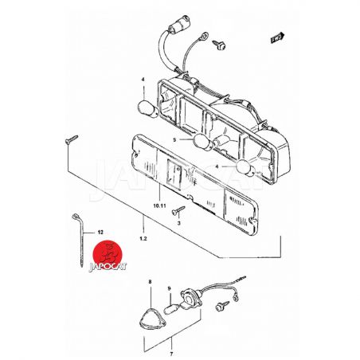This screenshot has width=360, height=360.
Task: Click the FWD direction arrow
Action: [x=277, y=37]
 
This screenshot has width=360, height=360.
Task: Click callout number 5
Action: [x=174, y=139]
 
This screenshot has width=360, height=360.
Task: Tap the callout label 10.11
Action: [x=159, y=205]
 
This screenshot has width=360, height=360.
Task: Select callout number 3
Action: [x=178, y=223]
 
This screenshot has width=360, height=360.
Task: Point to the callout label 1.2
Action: [x=143, y=238]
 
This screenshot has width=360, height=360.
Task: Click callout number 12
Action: [x=100, y=233]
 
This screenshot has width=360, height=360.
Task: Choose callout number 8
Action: [x=150, y=281]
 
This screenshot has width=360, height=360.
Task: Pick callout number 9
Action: [x=170, y=288]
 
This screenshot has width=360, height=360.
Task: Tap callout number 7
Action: [x=171, y=354]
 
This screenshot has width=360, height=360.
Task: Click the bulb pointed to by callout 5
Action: [x=203, y=143]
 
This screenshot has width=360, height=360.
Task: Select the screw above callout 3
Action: [x=178, y=210]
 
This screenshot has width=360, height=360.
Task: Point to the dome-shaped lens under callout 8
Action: [x=152, y=319]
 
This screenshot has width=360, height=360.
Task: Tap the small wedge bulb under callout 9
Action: [x=172, y=310]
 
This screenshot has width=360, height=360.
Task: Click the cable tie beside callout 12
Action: [x=80, y=239]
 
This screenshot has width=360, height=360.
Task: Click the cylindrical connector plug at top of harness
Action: [x=180, y=23]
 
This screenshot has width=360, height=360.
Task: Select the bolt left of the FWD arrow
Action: [x=219, y=45]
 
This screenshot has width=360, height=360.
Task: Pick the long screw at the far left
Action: [x=72, y=139]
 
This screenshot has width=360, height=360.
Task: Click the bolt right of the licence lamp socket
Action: [x=222, y=307]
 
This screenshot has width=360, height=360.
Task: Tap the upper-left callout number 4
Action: [x=143, y=80]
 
